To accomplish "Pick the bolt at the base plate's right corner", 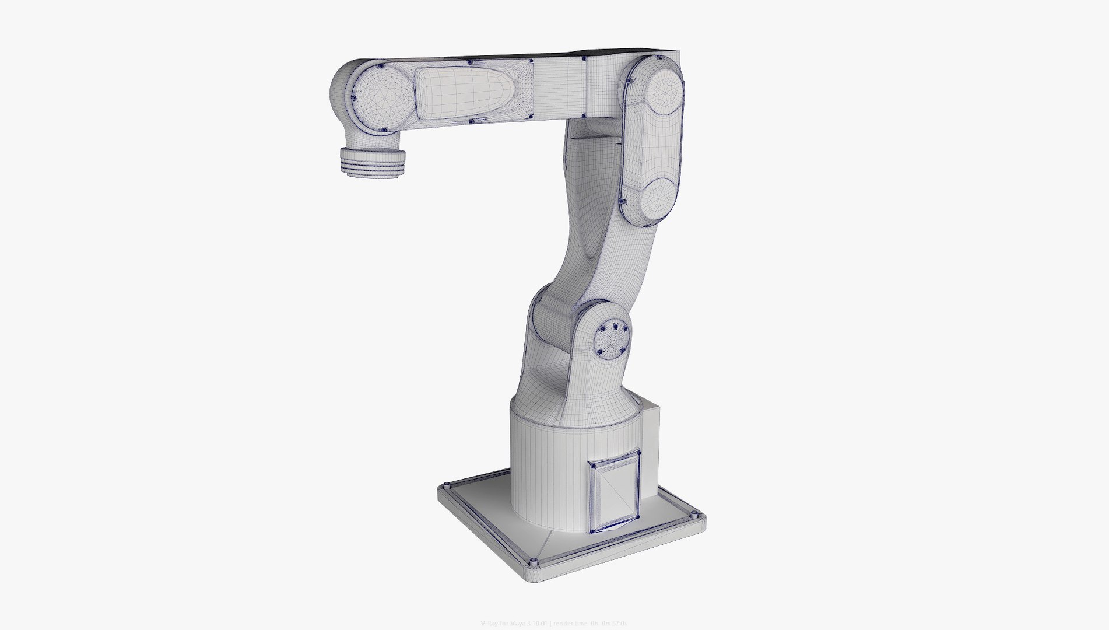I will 694,515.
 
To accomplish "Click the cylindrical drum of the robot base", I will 542,467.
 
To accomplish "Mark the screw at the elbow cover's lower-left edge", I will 623,202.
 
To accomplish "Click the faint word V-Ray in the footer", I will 491,624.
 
